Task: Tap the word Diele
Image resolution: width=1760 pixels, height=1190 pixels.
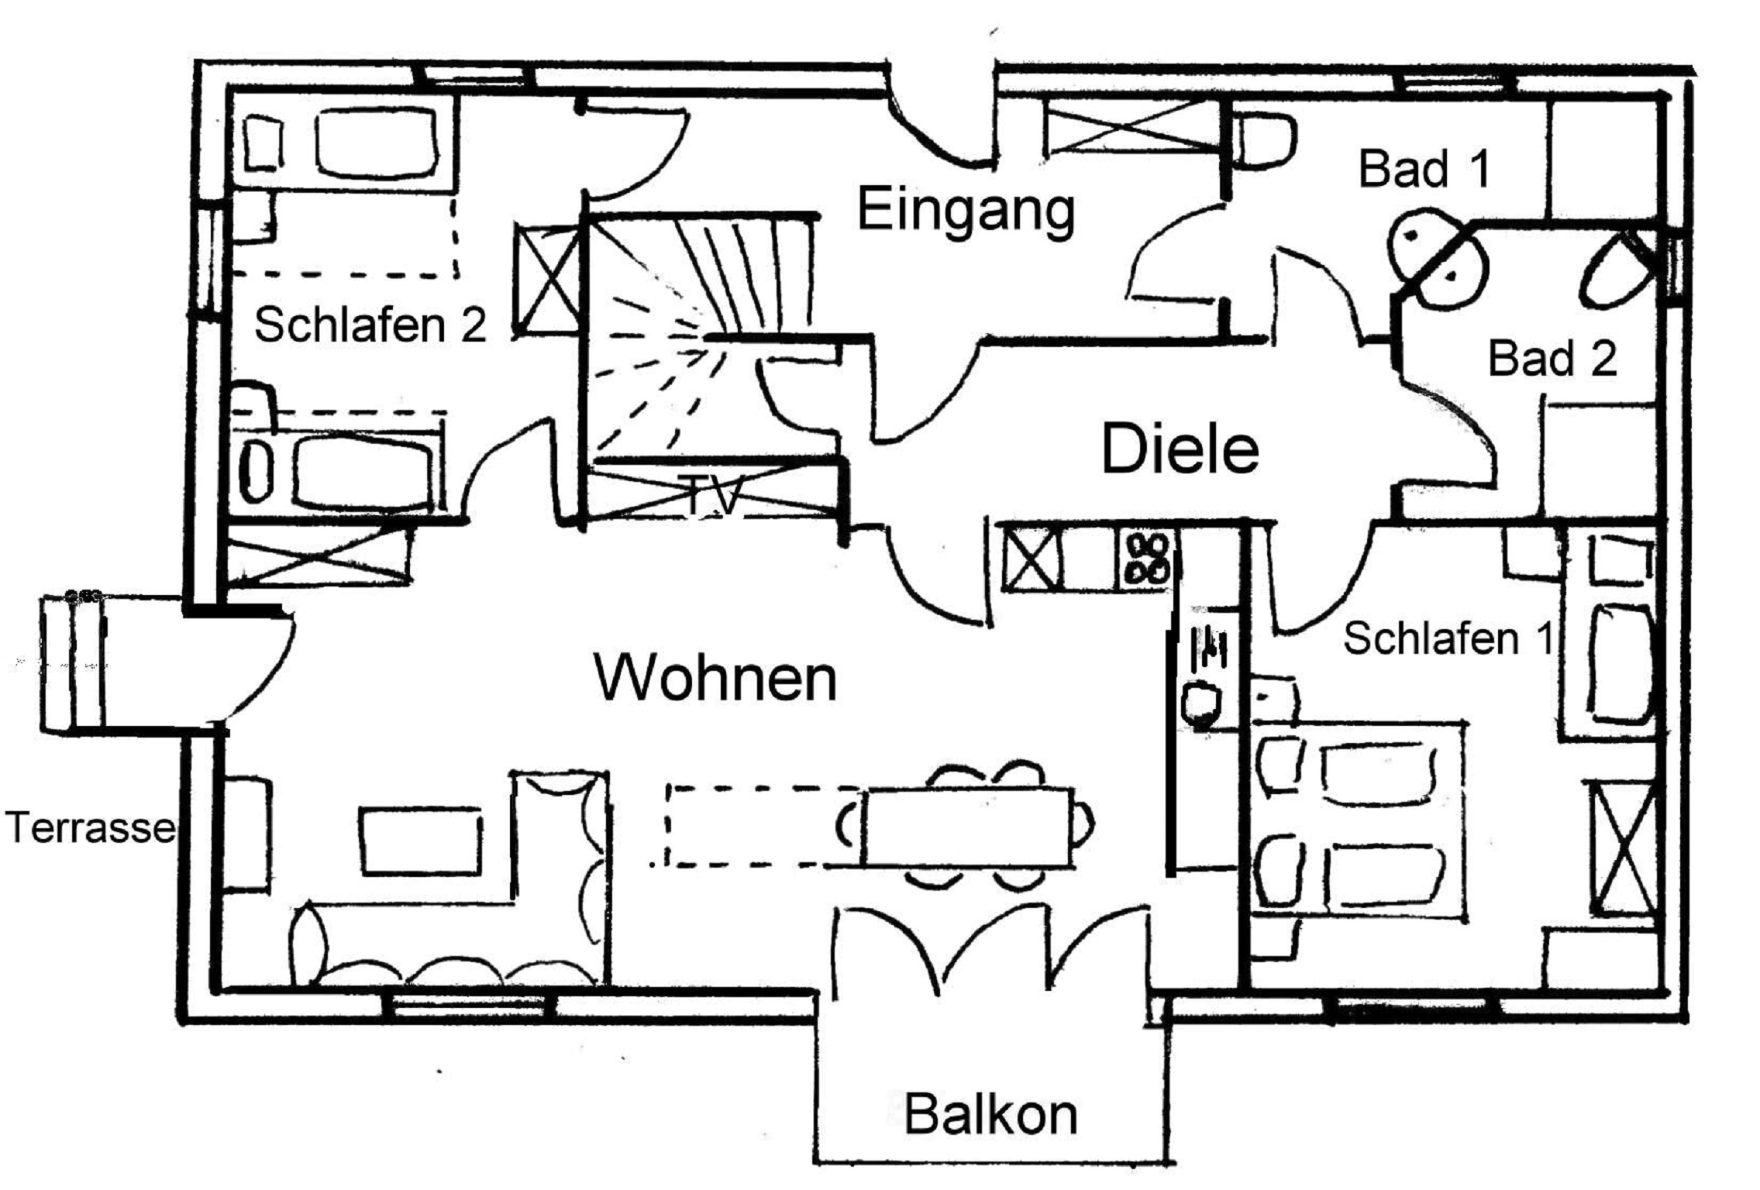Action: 1180,449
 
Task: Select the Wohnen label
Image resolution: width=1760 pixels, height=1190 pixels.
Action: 716,678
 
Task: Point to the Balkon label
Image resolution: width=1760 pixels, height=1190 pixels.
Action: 990,1114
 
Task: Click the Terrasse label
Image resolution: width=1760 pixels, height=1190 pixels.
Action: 90,827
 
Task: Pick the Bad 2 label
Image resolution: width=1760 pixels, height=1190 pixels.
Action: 1552,359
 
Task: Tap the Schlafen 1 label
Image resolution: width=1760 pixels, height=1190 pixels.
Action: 1448,639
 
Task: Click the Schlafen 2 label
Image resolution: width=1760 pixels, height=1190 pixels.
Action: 370,324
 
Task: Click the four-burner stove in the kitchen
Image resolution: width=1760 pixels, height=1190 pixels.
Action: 1145,558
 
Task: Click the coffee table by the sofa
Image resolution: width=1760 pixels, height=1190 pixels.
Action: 419,841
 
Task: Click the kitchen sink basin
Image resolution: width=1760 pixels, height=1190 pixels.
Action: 1201,701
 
